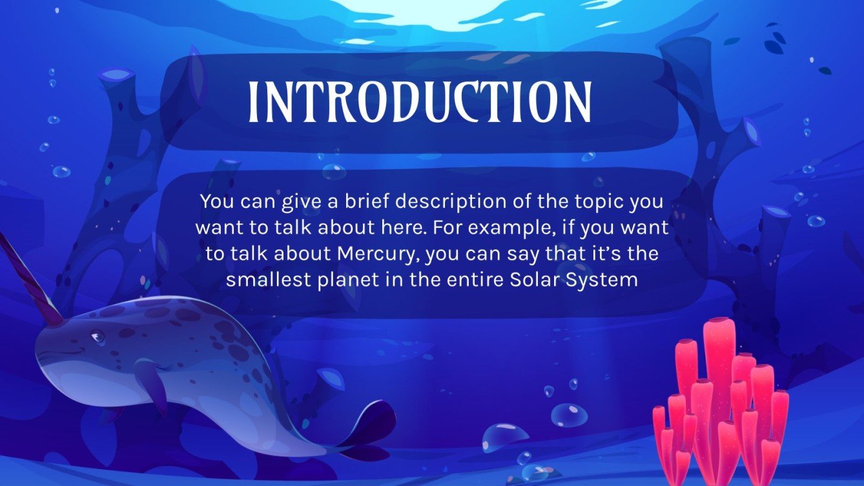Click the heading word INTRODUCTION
(420, 101)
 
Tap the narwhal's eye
(96, 336)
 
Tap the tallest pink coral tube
(719, 361)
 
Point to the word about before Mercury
(305, 253)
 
